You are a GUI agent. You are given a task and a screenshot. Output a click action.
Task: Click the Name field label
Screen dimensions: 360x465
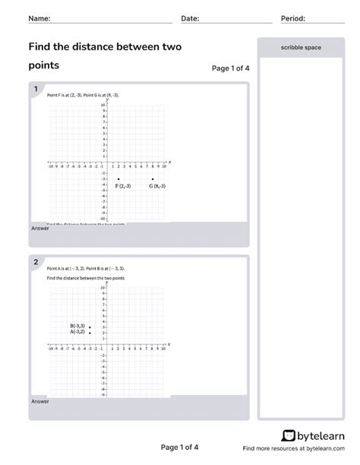[39, 18]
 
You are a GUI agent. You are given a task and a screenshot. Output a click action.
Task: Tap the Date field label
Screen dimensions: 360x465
[190, 18]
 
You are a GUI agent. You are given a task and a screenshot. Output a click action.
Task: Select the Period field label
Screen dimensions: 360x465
[292, 18]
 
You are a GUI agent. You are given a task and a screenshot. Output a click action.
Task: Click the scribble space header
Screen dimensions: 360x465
[301, 47]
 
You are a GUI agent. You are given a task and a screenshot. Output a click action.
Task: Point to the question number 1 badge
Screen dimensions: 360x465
[35, 90]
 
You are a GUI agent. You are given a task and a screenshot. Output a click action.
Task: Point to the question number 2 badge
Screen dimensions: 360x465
[35, 263]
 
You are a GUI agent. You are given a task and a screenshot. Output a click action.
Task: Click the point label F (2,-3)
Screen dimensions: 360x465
[123, 186]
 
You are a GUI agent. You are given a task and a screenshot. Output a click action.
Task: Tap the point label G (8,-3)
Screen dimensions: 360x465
[157, 186]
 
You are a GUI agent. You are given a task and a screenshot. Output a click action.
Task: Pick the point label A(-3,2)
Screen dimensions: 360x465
[77, 332]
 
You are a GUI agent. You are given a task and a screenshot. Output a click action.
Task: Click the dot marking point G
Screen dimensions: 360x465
[153, 179]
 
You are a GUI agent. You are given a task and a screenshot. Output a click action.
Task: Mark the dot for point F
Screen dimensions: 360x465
[118, 179]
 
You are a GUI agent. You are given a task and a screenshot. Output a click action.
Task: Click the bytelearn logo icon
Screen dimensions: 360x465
[289, 435]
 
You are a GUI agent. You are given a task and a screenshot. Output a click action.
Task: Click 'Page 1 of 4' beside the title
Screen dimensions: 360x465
[230, 68]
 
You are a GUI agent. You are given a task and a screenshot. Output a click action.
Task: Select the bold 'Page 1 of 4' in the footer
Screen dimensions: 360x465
[180, 447]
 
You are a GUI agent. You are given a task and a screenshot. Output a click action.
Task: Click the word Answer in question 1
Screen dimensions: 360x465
[40, 228]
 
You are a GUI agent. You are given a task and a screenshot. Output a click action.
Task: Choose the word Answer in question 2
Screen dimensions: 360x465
[40, 401]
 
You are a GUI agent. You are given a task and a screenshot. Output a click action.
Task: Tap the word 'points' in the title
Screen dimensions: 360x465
[44, 65]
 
